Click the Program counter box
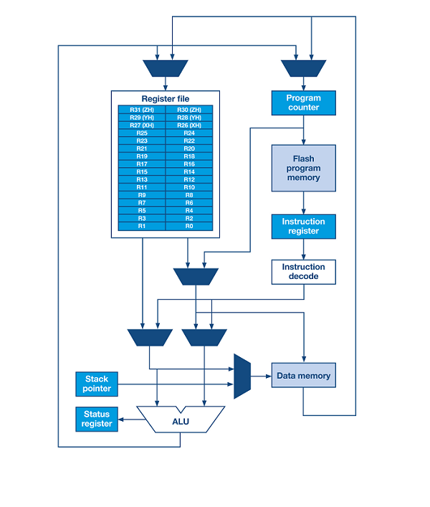point(303,103)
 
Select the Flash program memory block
point(303,168)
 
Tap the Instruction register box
point(303,227)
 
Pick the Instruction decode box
point(303,272)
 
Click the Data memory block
point(303,375)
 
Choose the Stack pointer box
point(97,384)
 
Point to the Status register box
point(97,419)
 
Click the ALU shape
point(181,420)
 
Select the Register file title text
point(166,99)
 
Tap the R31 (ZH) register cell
point(142,110)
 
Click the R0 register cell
point(189,226)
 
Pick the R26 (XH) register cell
point(189,125)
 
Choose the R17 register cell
point(142,164)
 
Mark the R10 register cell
point(189,187)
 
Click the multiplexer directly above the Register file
point(166,68)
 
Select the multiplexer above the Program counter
point(303,68)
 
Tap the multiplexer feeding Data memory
point(242,376)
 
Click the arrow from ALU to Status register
point(131,420)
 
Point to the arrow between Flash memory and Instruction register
point(303,203)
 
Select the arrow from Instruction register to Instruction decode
point(303,250)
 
